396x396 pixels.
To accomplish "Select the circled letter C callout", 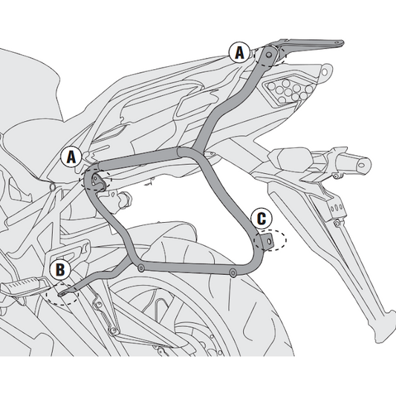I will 261,218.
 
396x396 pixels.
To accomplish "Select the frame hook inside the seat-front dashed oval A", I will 95,178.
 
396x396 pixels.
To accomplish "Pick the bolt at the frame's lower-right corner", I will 235,275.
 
